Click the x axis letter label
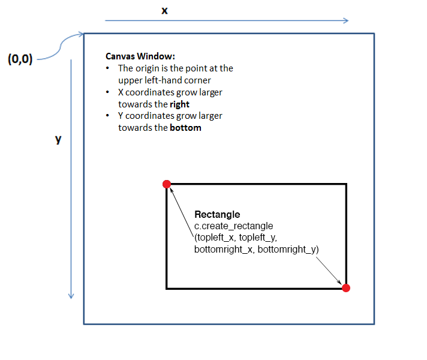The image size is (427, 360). [x=164, y=11]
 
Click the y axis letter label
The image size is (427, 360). [x=58, y=139]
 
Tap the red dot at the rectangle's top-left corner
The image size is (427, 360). [x=167, y=184]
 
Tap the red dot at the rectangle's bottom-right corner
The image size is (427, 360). [x=345, y=288]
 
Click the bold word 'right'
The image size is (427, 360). [x=180, y=104]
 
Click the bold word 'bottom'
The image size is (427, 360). [x=185, y=128]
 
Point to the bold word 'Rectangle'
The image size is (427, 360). [x=217, y=214]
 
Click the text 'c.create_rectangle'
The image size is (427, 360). [x=234, y=226]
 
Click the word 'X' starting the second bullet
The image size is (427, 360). [x=121, y=92]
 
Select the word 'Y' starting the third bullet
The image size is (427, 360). [x=121, y=116]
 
